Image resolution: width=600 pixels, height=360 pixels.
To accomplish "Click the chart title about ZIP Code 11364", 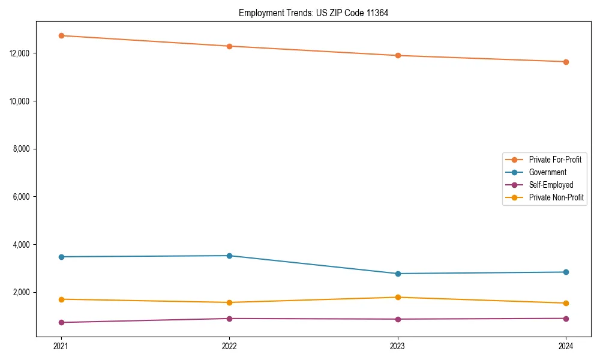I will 313,13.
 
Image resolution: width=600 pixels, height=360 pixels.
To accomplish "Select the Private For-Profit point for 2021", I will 61,35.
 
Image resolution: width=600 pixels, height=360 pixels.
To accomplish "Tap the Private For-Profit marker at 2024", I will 566,62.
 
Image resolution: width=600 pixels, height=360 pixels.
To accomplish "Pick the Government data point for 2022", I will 229,256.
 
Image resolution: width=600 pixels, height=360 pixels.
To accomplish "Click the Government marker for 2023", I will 398,274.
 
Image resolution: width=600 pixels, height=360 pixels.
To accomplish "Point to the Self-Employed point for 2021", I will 61,322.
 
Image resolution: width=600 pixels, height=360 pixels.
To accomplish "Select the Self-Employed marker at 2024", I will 566,319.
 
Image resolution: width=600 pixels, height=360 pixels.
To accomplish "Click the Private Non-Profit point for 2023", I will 398,297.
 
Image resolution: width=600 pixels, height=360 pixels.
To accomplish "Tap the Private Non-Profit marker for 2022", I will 229,302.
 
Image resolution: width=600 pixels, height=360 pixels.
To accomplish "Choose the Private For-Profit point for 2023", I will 398,56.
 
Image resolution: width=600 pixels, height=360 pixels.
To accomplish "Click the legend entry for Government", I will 547,172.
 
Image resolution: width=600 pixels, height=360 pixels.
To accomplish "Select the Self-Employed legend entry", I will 551,185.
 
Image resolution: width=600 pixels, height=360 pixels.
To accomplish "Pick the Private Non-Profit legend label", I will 556,197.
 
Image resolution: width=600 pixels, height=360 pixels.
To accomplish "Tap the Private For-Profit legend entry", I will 555,160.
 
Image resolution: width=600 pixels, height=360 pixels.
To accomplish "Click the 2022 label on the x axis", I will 229,346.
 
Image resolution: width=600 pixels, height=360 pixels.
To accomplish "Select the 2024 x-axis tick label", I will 566,346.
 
